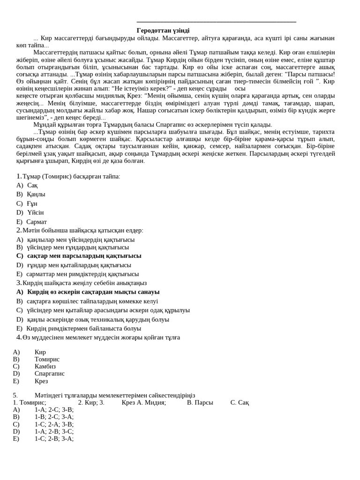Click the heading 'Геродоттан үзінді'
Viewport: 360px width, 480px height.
pyautogui.click(x=163, y=30)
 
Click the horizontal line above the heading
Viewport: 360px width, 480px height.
pyautogui.click(x=216, y=22)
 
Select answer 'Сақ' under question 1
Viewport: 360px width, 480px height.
pyautogui.click(x=32, y=185)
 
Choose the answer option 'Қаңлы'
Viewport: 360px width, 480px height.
pyautogui.click(x=36, y=194)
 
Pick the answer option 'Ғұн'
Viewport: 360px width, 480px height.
pyautogui.click(x=32, y=203)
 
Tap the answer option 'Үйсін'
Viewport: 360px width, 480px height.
pyautogui.click(x=35, y=212)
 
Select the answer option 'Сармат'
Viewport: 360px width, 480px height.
pyautogui.click(x=37, y=222)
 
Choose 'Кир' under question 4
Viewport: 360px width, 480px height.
pyautogui.click(x=40, y=352)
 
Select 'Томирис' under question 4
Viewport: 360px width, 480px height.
pyautogui.click(x=47, y=359)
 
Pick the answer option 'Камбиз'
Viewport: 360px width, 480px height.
pyautogui.click(x=45, y=366)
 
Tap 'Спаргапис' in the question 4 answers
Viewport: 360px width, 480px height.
pyautogui.click(x=49, y=374)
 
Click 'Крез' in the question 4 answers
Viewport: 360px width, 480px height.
pyautogui.click(x=41, y=381)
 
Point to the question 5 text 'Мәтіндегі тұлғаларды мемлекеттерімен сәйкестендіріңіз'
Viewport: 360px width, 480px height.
pyautogui.click(x=115, y=395)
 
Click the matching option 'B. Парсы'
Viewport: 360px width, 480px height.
pyautogui.click(x=200, y=402)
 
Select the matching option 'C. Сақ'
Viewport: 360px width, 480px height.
pyautogui.click(x=240, y=402)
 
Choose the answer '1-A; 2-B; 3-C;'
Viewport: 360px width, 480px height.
pyautogui.click(x=54, y=431)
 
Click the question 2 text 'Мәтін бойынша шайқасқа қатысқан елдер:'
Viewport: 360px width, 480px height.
pyautogui.click(x=83, y=230)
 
